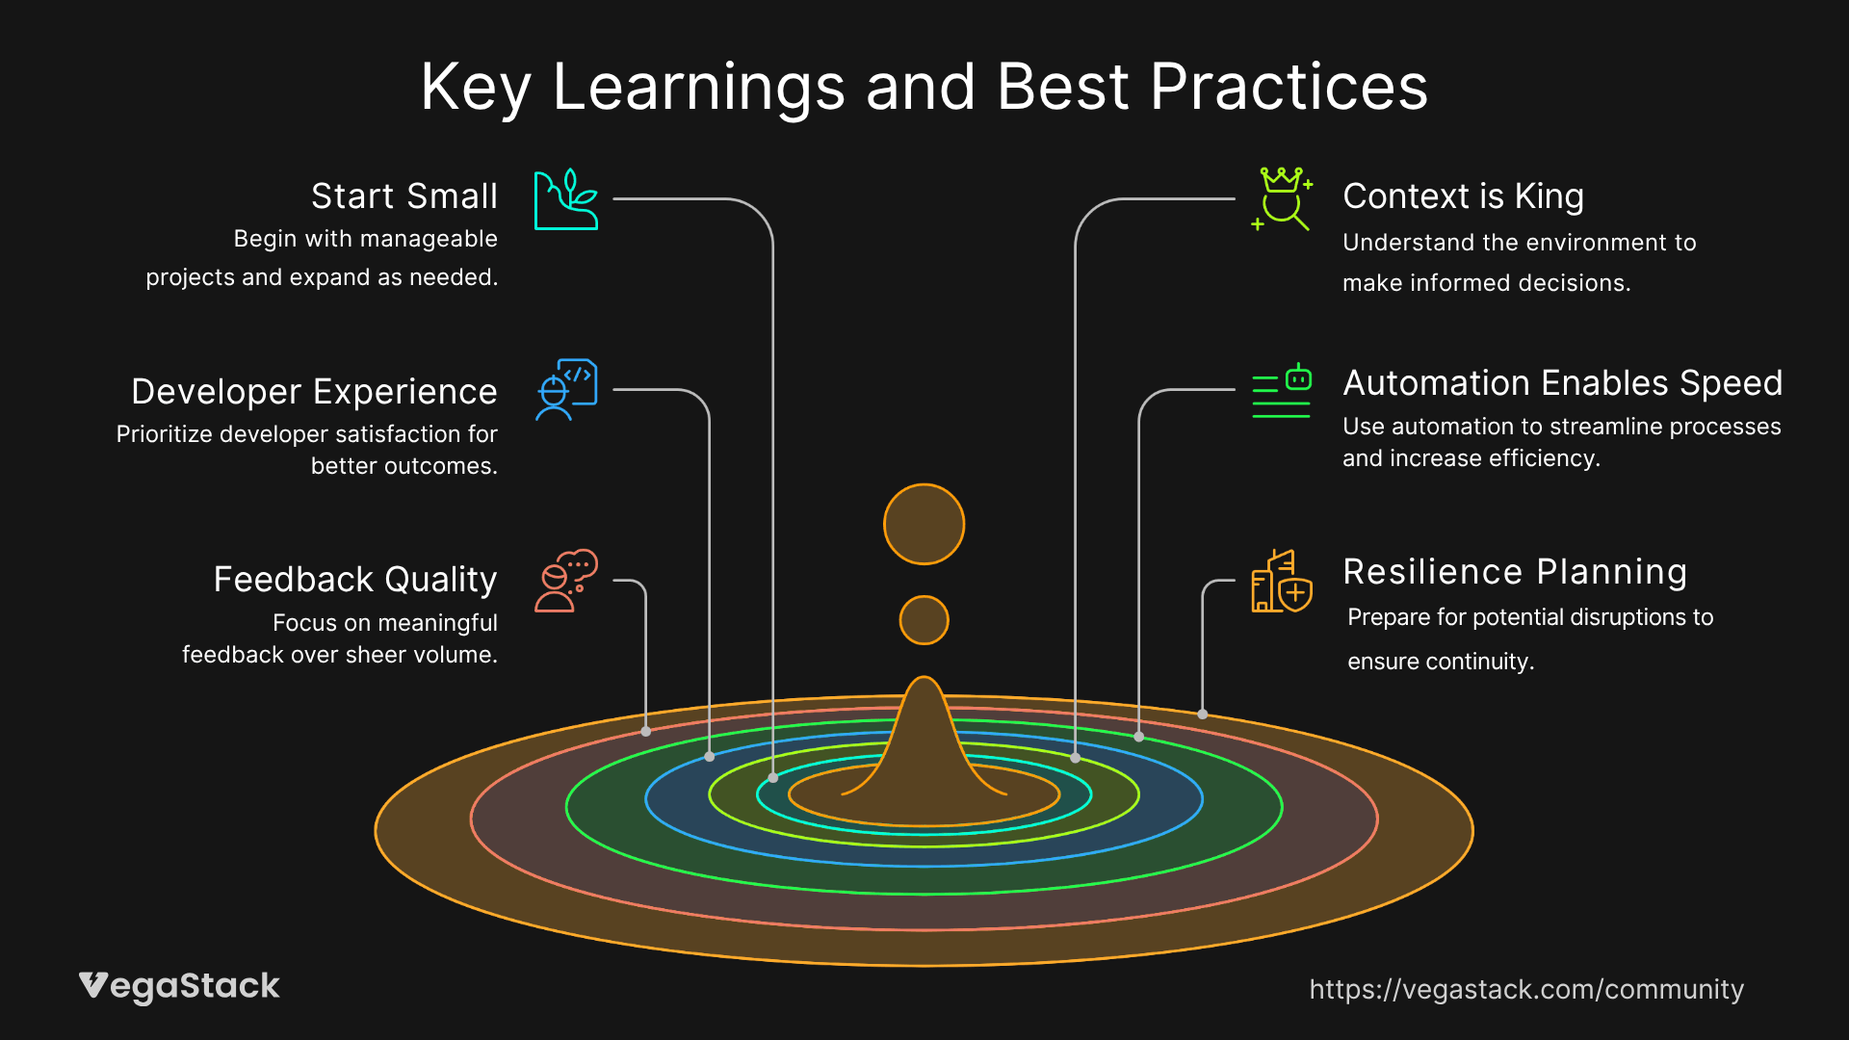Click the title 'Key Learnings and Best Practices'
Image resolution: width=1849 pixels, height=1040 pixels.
point(924,88)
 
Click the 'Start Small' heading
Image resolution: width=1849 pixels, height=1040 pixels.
point(404,196)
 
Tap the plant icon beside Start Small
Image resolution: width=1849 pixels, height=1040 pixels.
point(566,199)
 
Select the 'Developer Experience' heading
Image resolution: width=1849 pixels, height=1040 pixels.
point(314,392)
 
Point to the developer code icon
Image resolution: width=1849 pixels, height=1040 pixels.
point(566,390)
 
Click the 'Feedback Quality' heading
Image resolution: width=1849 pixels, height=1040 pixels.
point(355,580)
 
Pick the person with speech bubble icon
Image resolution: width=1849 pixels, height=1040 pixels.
point(566,581)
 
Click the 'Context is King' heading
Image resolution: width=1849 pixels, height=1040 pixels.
point(1463,196)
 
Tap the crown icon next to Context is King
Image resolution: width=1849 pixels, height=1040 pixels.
point(1282,198)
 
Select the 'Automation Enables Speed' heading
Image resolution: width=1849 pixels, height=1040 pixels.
point(1562,383)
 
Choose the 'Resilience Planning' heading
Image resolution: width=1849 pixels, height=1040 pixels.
point(1515,572)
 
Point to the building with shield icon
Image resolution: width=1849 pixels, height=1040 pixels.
point(1282,582)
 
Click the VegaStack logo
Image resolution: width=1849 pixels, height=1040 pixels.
point(179,986)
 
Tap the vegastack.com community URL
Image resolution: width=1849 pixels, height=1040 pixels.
point(1526,989)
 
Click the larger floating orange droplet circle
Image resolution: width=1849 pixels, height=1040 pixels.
point(924,524)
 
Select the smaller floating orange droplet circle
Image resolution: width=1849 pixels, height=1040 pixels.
point(924,620)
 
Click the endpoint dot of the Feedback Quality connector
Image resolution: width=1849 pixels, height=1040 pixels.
point(645,732)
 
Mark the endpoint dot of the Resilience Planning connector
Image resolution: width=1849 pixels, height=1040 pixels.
point(1203,715)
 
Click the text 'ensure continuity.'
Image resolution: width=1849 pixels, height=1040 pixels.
point(1441,662)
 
